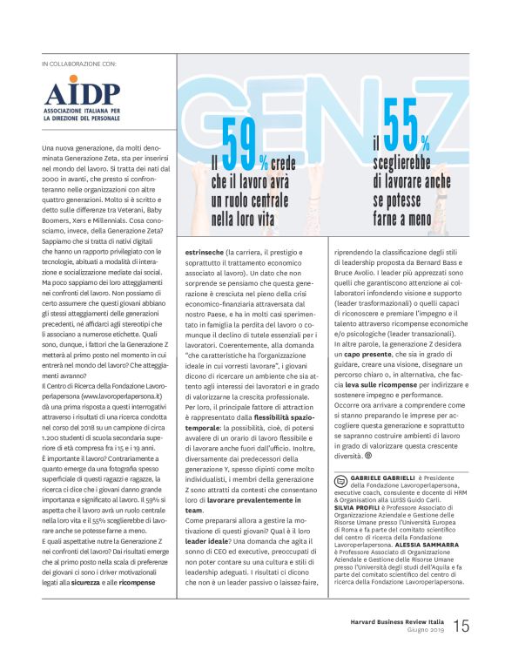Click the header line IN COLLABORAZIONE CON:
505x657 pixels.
click(x=78, y=64)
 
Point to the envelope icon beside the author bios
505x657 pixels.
click(x=340, y=479)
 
